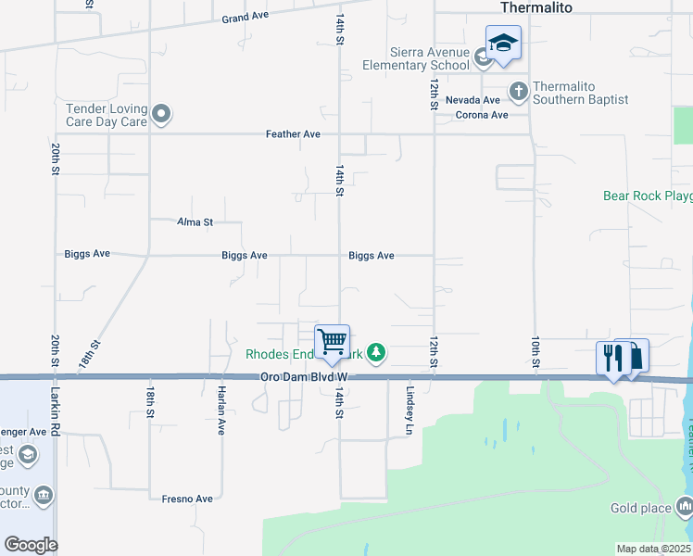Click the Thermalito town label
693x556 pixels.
(x=536, y=7)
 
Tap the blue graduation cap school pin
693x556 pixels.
(x=502, y=44)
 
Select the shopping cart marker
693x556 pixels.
(x=332, y=341)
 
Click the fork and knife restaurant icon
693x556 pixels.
(x=612, y=357)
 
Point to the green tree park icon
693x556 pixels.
(x=376, y=352)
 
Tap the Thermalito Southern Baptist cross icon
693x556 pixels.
(x=518, y=91)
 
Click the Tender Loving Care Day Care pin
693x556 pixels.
(x=162, y=115)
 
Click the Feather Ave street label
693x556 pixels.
(x=293, y=134)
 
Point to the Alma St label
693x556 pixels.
(x=195, y=222)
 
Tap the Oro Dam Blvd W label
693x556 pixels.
(x=303, y=377)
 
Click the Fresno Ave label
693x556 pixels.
(x=187, y=499)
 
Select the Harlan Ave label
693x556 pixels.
(x=221, y=411)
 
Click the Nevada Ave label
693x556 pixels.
(x=472, y=100)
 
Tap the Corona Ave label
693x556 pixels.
(x=482, y=115)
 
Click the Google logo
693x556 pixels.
(x=30, y=545)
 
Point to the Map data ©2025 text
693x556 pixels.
(x=652, y=549)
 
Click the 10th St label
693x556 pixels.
(x=535, y=351)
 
